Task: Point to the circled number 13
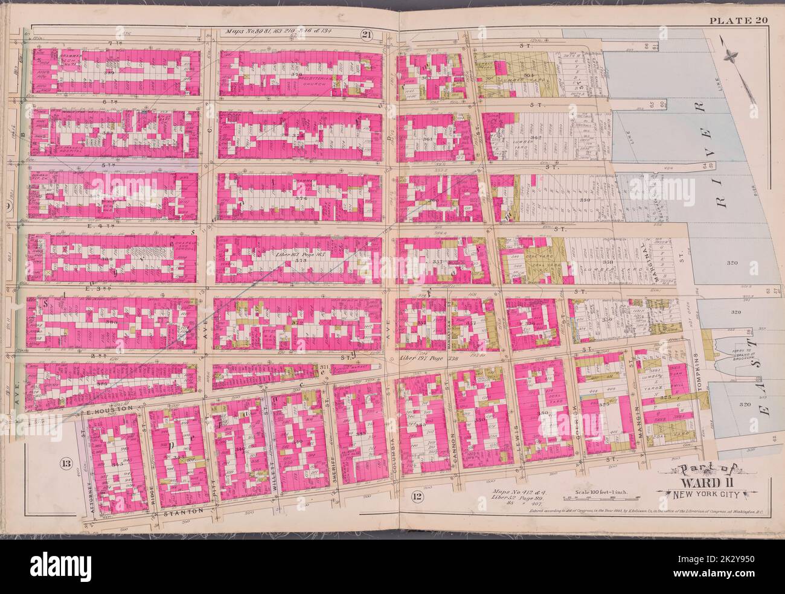pyautogui.click(x=66, y=463)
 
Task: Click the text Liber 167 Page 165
pyautogui.click(x=292, y=257)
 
